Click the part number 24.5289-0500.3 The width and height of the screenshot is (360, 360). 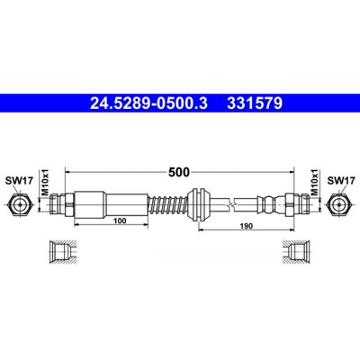[148, 103]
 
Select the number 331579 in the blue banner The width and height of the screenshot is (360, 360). [255, 103]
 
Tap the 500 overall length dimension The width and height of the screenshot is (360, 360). [179, 172]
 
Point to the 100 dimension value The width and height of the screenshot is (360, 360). [120, 221]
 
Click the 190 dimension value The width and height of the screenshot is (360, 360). [247, 226]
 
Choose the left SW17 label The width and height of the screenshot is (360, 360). [19, 181]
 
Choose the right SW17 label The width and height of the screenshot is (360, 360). [341, 181]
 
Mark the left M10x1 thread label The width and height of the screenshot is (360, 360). [45, 183]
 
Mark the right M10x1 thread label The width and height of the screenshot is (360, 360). [314, 183]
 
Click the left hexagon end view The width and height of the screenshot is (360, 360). [20, 205]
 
